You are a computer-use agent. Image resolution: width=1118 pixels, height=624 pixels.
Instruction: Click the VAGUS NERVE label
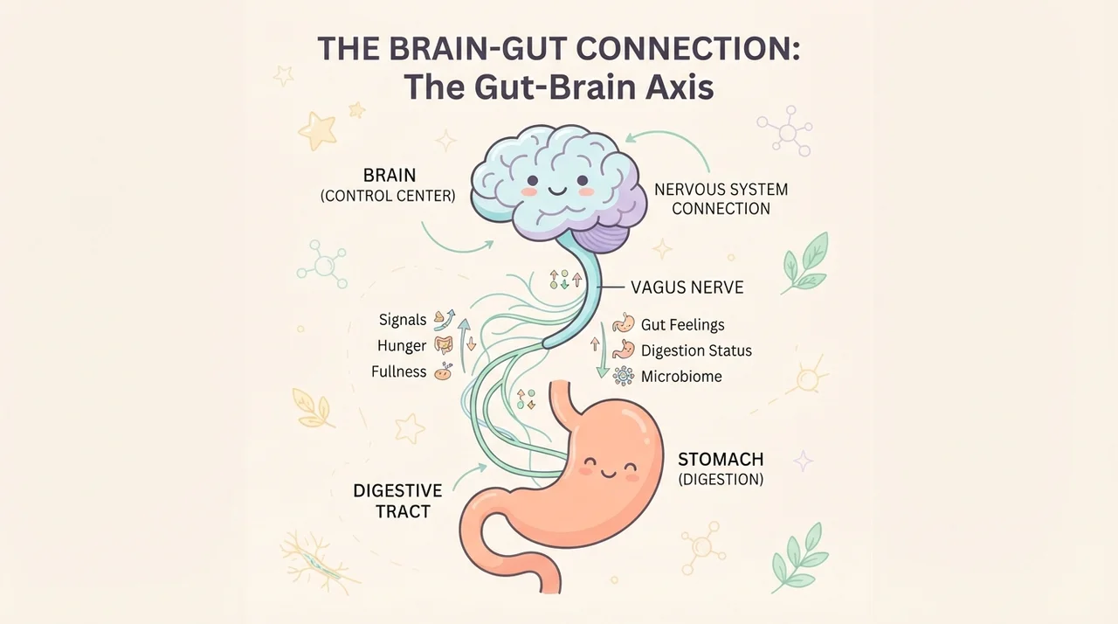coord(687,288)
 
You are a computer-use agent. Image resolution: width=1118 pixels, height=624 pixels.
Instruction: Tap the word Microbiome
coord(681,377)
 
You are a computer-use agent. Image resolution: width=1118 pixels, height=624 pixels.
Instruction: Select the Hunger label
coord(402,346)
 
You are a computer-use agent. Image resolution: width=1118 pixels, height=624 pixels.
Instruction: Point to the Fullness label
coord(399,372)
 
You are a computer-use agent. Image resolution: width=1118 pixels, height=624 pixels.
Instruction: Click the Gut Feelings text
coord(682,325)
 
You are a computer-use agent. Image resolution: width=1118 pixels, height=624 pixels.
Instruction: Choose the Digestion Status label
coord(696,350)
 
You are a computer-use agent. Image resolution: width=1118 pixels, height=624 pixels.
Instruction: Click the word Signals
coord(403,320)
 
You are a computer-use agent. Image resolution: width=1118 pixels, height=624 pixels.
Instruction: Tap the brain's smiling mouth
coord(557,191)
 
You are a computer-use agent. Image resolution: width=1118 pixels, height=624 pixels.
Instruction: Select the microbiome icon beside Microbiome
coord(624,376)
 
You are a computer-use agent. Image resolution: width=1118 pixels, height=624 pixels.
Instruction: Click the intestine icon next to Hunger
coord(443,345)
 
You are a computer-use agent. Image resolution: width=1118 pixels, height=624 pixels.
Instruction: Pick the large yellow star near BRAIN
coord(316,131)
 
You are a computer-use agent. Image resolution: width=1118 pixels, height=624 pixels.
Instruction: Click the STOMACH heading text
coord(721,460)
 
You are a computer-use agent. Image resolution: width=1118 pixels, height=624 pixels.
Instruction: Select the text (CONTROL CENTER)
coord(388,196)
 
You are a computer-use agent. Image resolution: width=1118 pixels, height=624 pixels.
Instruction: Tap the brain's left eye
coord(533,180)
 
